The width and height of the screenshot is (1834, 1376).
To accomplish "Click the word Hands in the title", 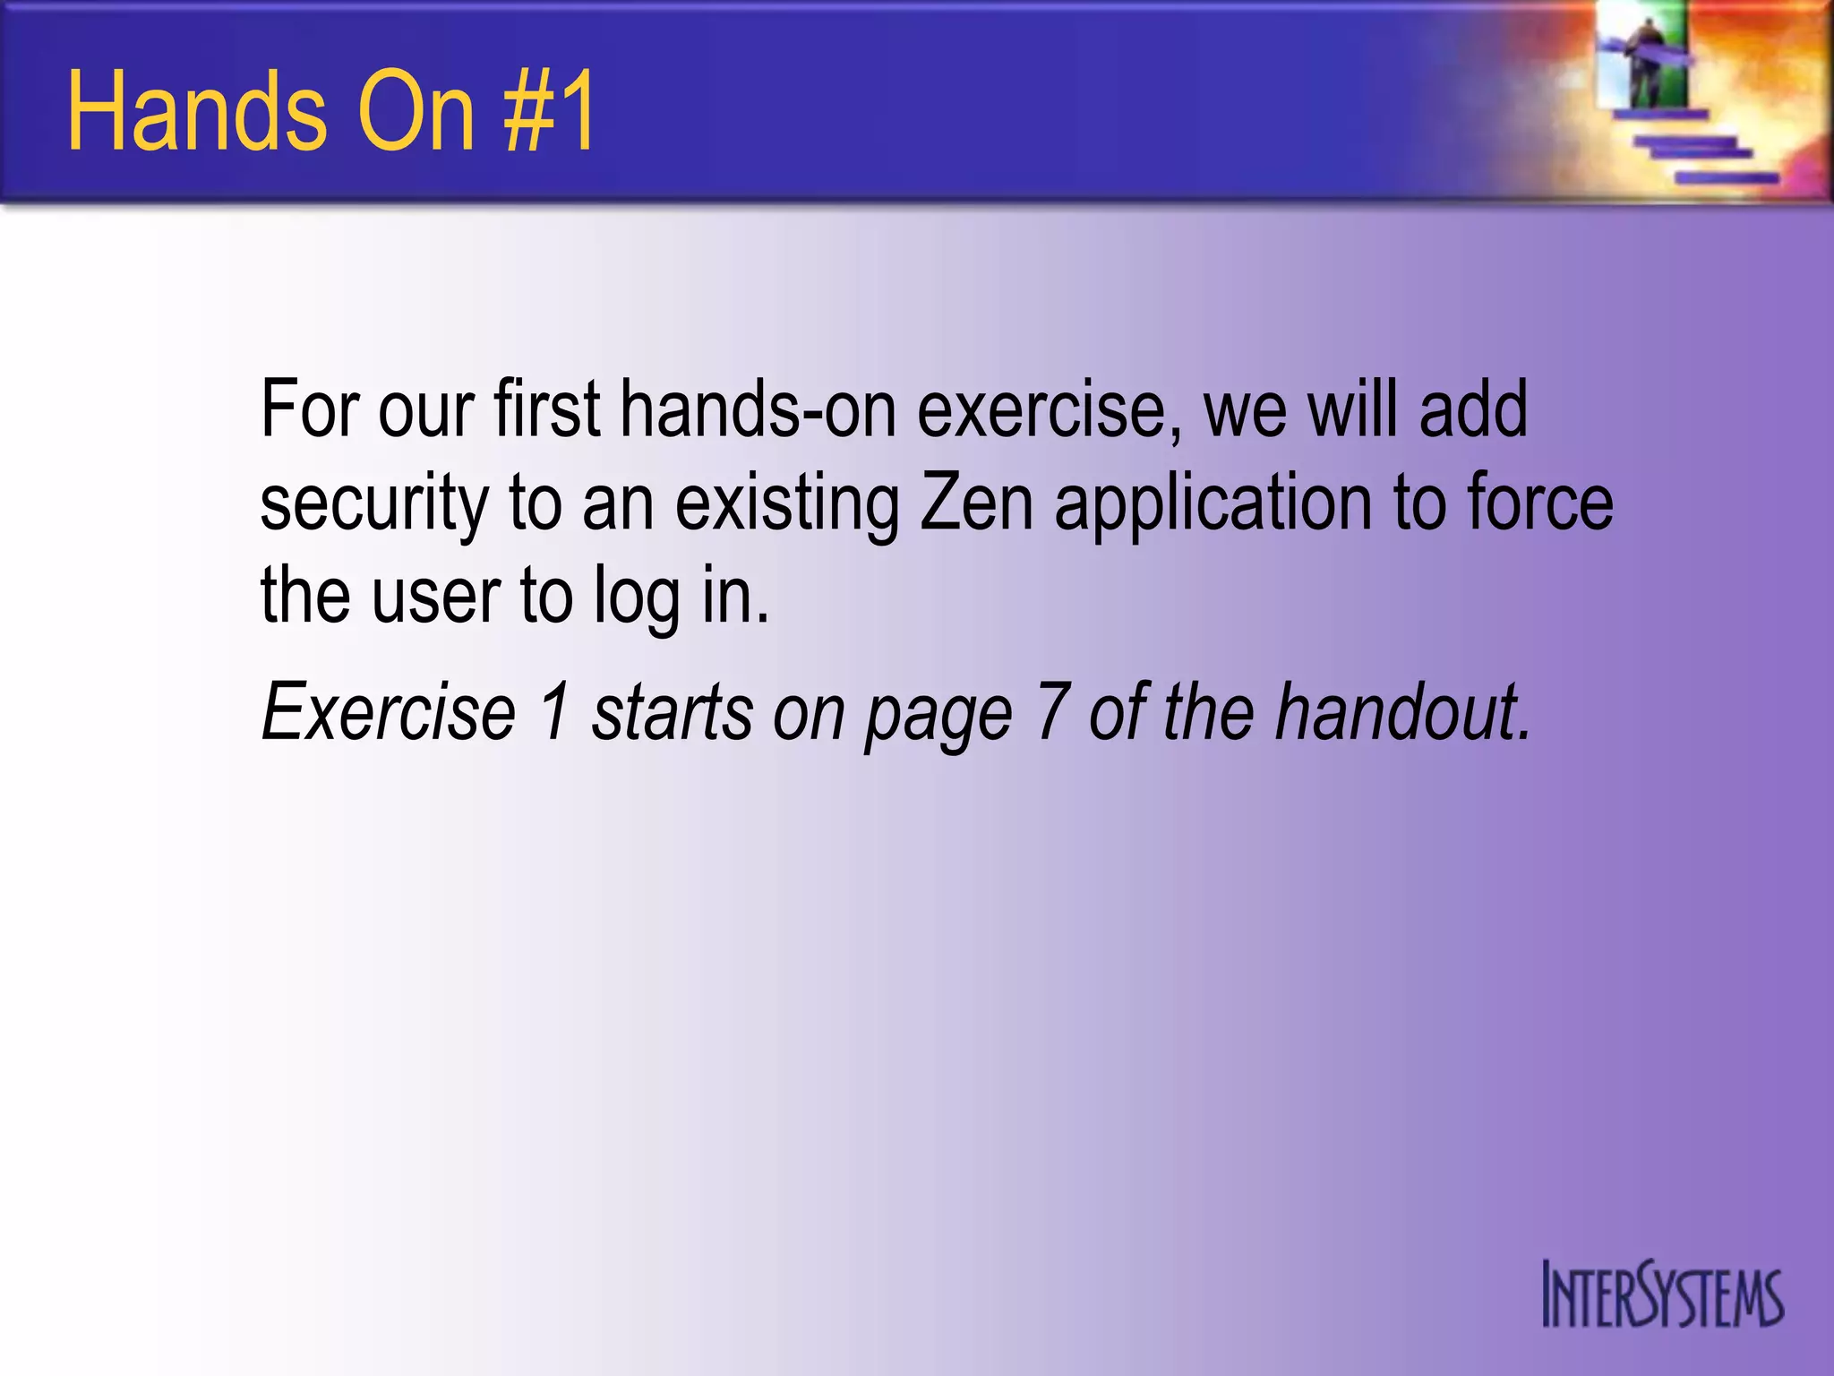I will click(x=197, y=113).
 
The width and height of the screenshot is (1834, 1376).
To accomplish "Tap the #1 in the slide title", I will click(x=550, y=113).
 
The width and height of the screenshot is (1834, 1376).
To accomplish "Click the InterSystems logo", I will click(x=1662, y=1295).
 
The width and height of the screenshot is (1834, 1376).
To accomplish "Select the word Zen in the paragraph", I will click(x=976, y=503).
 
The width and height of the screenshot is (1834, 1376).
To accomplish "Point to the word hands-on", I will click(x=758, y=410).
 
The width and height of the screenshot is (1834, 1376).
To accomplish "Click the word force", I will click(x=1540, y=503).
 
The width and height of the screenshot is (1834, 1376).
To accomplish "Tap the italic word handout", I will click(x=1401, y=712).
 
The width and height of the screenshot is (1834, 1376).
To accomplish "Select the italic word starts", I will click(x=673, y=712).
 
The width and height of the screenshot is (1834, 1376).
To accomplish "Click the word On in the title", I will click(x=416, y=113).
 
